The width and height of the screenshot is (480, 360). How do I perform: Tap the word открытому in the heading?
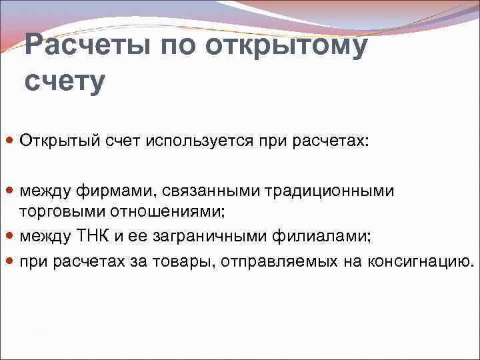[297, 47]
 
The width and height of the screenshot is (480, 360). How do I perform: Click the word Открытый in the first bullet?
[58, 142]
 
